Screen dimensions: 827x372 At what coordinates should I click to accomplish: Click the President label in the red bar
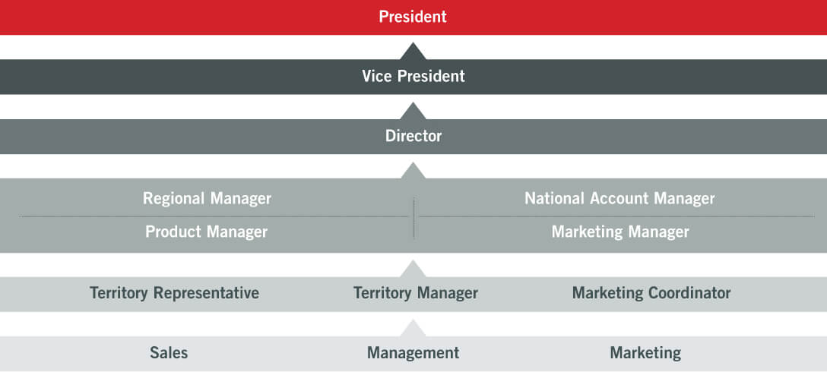click(413, 17)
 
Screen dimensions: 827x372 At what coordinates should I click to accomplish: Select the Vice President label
click(413, 77)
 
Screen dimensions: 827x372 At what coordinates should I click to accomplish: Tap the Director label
click(413, 136)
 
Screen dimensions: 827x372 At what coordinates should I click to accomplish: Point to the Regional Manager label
click(207, 199)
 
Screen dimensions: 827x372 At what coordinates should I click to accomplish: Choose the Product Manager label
click(206, 232)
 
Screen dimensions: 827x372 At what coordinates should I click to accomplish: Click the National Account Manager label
click(619, 199)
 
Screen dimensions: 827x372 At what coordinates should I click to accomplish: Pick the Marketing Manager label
click(620, 232)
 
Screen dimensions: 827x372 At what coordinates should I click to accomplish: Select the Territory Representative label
click(174, 293)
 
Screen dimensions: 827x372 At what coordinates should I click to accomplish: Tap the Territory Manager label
click(416, 293)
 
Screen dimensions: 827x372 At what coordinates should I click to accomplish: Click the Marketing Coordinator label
click(651, 293)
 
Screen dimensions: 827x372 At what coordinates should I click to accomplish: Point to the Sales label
click(169, 353)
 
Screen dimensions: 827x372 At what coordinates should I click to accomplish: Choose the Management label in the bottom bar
click(413, 353)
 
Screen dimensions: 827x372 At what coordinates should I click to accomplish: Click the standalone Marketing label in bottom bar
click(645, 353)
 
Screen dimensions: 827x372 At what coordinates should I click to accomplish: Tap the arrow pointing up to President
click(413, 52)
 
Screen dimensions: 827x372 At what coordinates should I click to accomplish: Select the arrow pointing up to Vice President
click(413, 111)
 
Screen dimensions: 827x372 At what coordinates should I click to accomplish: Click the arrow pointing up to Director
click(413, 171)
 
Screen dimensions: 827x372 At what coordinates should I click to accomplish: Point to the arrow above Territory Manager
click(413, 269)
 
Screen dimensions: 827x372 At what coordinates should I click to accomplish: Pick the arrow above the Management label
click(413, 328)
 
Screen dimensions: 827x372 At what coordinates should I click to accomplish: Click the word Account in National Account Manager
click(618, 199)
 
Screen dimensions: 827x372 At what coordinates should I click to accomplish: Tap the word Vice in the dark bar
click(377, 77)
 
